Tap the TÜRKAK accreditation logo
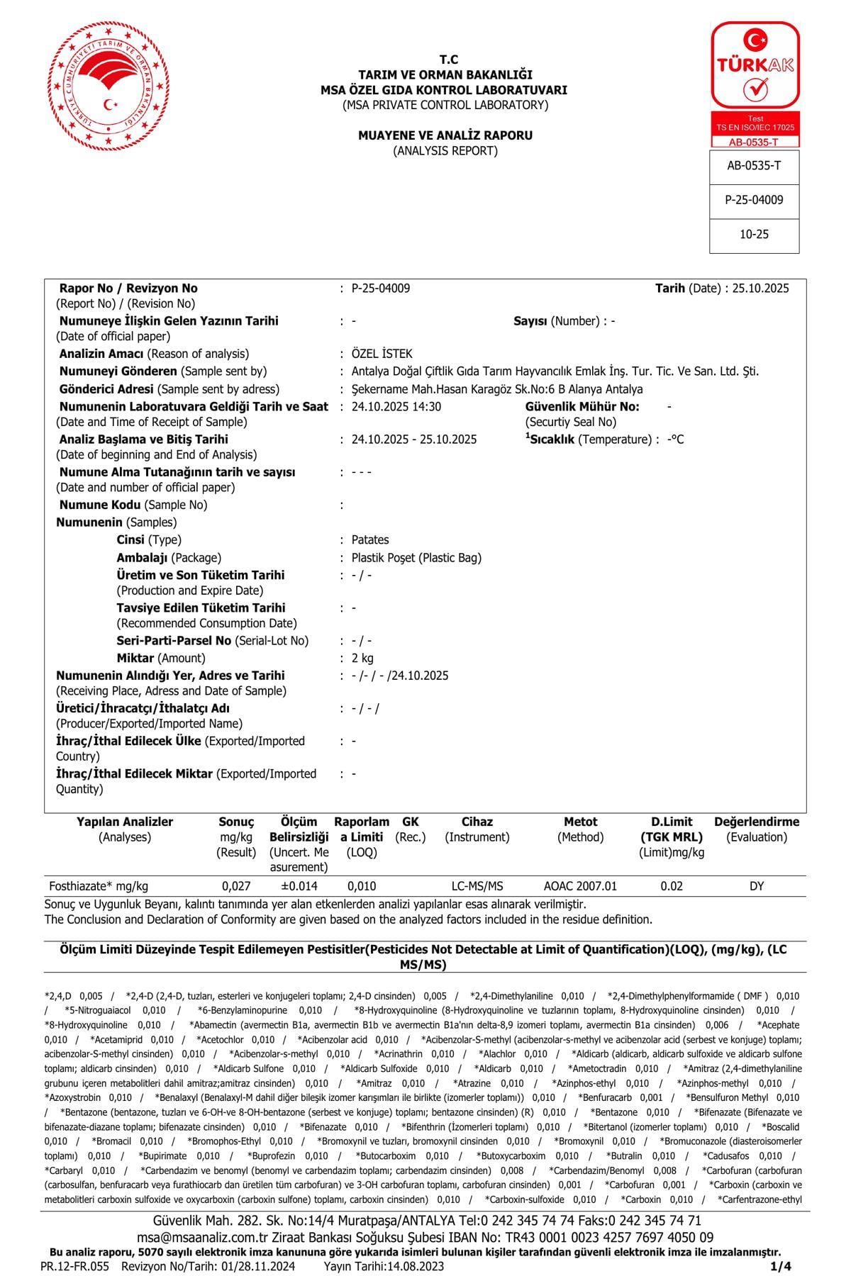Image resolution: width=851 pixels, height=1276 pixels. tap(755, 84)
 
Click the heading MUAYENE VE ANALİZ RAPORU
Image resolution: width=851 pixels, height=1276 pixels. tap(445, 135)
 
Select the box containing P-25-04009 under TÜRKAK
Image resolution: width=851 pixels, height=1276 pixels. tap(754, 201)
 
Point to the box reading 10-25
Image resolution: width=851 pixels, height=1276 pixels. tap(754, 235)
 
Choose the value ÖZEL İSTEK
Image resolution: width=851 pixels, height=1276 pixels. tap(382, 354)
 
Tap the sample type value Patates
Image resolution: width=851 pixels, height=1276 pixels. tap(370, 540)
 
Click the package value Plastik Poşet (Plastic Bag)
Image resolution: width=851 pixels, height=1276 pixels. tap(416, 558)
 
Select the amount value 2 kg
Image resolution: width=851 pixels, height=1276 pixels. tap(362, 659)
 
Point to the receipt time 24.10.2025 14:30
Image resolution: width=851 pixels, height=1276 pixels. tap(396, 407)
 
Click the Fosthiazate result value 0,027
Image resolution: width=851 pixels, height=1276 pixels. tap(236, 886)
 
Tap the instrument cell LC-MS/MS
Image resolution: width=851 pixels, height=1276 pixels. tap(477, 886)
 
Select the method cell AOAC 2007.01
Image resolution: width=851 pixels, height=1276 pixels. tap(580, 886)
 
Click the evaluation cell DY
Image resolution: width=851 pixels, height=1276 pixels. tap(757, 886)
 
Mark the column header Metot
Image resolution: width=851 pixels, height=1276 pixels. tap(580, 822)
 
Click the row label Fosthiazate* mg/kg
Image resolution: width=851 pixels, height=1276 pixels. tap(99, 886)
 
